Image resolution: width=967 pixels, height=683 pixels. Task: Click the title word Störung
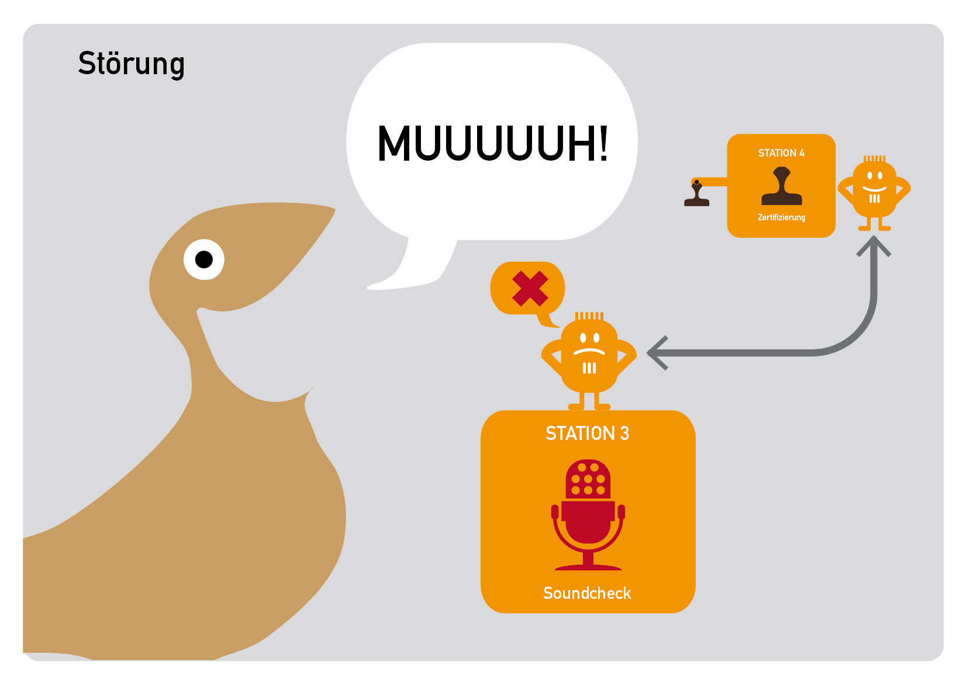(131, 64)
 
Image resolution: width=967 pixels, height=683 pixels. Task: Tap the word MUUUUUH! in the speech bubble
(492, 143)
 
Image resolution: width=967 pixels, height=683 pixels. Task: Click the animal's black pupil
(204, 259)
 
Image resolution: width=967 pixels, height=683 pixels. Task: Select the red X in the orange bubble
(530, 289)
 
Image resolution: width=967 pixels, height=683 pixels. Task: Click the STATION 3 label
(587, 434)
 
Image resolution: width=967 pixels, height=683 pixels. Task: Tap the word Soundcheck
(587, 593)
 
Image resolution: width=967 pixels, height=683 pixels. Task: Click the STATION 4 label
(781, 153)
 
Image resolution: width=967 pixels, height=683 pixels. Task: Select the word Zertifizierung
(781, 217)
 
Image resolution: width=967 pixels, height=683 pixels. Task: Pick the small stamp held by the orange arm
(696, 195)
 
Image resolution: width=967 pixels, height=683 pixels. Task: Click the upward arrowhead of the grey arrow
(873, 245)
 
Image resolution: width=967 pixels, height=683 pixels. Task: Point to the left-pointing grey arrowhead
(656, 353)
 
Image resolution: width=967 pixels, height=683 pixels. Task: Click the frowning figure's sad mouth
(589, 352)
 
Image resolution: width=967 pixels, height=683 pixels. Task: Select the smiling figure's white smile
(874, 189)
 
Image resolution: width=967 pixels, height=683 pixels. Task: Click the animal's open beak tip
(330, 212)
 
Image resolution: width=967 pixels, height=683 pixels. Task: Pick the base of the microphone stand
(588, 566)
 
